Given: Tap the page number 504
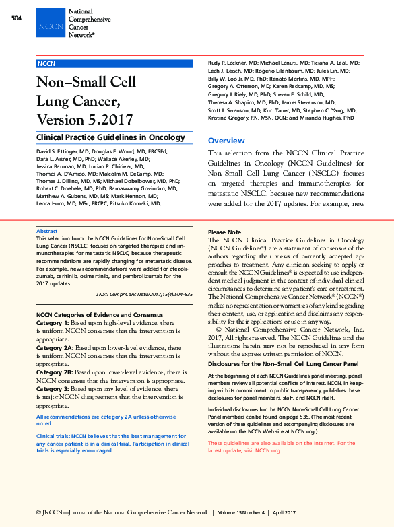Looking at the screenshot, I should click(18, 17).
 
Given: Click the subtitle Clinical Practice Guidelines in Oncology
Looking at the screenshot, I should click(110, 137).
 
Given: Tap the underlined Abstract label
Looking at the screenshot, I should click(46, 230).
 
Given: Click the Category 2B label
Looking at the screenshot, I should click(55, 372).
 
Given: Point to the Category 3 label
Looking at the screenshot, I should click(53, 389).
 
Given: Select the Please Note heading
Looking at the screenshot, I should click(226, 232).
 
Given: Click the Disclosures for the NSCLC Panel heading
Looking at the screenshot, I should click(282, 364).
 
